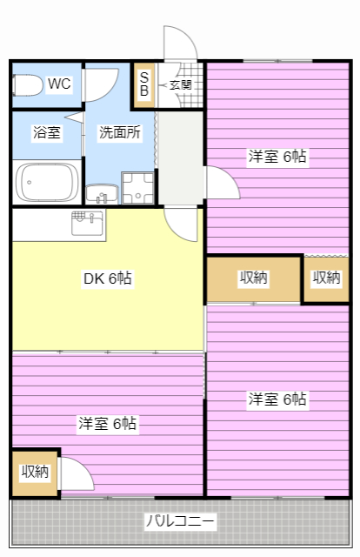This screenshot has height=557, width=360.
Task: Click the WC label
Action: [x=59, y=84]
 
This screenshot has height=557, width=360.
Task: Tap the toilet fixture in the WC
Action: [x=28, y=85]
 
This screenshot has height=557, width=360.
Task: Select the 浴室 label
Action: [x=47, y=132]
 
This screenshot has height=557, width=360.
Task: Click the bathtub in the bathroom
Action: [x=47, y=182]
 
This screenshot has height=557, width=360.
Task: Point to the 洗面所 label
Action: [x=120, y=132]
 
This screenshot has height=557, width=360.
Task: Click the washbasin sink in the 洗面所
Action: [x=102, y=194]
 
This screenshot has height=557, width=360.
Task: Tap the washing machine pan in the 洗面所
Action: [x=137, y=188]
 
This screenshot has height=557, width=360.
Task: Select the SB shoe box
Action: [x=143, y=85]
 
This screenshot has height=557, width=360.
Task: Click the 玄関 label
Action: [x=180, y=85]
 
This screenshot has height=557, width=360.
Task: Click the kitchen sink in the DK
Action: [x=89, y=223]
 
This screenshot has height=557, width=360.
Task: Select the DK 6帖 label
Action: [x=108, y=278]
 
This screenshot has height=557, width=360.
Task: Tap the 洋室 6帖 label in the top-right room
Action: [x=277, y=157]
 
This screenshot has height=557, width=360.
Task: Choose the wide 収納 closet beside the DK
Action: [x=254, y=279]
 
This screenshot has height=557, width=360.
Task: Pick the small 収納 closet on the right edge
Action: [x=327, y=279]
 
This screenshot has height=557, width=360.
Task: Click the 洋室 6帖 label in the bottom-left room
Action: [x=107, y=424]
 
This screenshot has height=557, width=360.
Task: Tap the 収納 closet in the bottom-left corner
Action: [x=35, y=473]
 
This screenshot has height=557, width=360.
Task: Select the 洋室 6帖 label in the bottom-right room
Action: [x=277, y=399]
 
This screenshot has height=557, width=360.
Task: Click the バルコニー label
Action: [x=180, y=521]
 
